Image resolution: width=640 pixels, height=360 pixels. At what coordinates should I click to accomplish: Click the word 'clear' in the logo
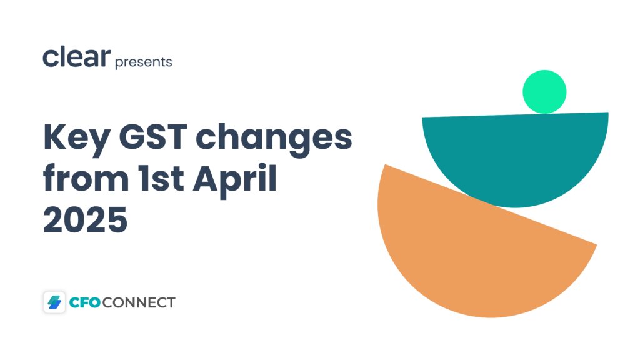pyautogui.click(x=77, y=57)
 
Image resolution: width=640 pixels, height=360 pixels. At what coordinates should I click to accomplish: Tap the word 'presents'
pyautogui.click(x=144, y=62)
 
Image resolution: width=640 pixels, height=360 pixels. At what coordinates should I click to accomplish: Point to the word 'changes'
pyautogui.click(x=274, y=139)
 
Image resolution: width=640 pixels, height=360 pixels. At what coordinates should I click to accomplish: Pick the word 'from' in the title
pyautogui.click(x=86, y=177)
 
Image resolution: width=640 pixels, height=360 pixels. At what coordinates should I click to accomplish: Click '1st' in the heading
pyautogui.click(x=161, y=178)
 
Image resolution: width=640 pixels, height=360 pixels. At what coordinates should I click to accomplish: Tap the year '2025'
pyautogui.click(x=85, y=219)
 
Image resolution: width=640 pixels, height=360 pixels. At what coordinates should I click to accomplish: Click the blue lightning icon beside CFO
pyautogui.click(x=54, y=302)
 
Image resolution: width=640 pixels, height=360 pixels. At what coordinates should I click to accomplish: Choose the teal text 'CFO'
pyautogui.click(x=85, y=302)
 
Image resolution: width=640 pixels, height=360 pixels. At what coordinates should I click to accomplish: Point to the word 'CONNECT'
pyautogui.click(x=139, y=302)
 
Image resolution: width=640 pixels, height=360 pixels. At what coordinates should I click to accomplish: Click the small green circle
pyautogui.click(x=544, y=92)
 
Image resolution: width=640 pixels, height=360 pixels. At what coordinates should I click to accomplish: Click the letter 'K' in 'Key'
pyautogui.click(x=54, y=137)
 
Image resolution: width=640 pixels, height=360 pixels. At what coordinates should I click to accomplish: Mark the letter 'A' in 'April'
pyautogui.click(x=206, y=178)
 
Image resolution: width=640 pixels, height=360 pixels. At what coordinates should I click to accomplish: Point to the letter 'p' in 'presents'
pyautogui.click(x=119, y=64)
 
